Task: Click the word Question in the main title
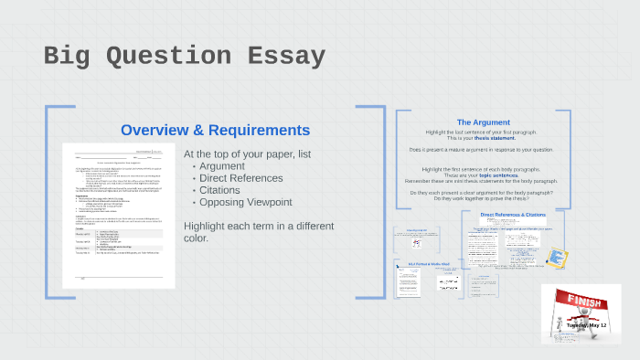171,57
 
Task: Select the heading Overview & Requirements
215,130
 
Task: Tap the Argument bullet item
222,165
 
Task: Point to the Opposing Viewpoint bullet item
245,202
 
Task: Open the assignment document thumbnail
118,215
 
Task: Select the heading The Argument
483,122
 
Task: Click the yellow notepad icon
556,258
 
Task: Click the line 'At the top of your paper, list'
247,154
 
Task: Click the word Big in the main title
69,57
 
